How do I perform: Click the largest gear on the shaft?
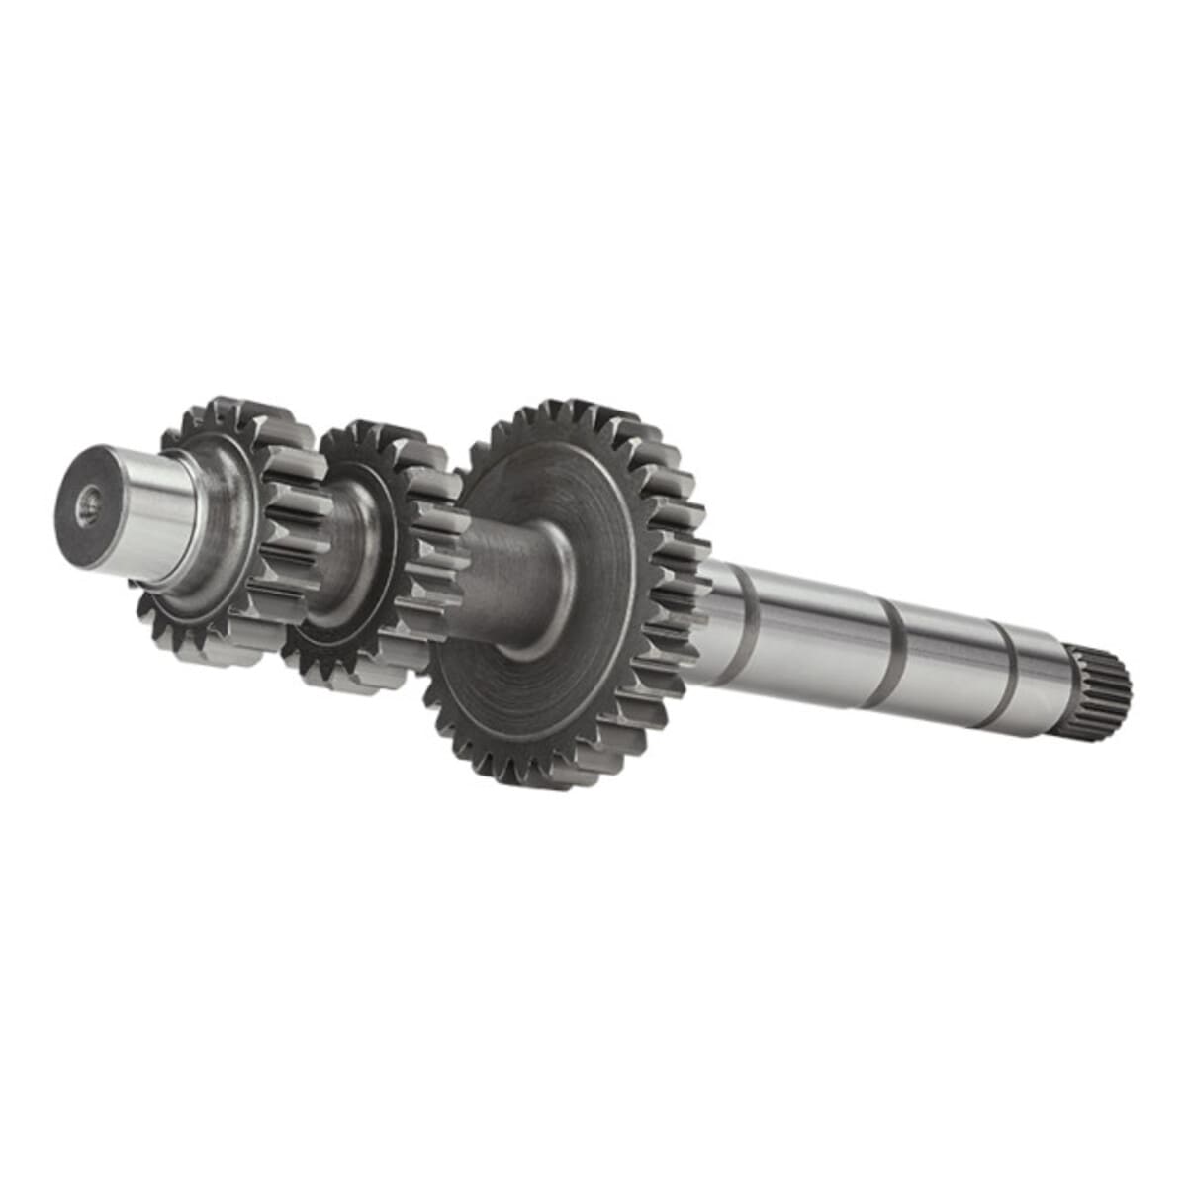pos(574,593)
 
